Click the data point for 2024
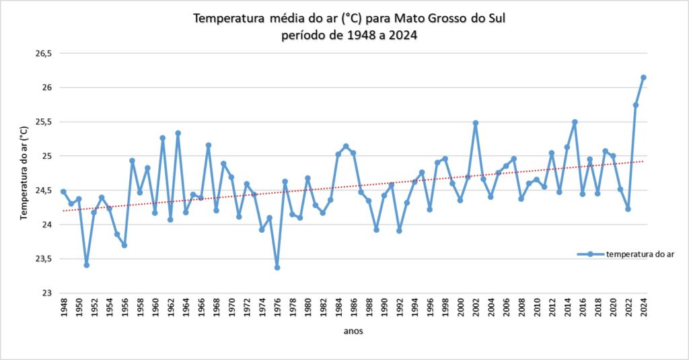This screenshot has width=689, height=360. point(643,77)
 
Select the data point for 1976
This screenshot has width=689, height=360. point(277,267)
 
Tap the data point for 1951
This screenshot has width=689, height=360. point(86,264)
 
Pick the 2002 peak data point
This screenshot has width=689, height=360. point(476,123)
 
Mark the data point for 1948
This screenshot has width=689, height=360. point(63,192)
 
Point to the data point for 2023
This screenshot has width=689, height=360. point(636,105)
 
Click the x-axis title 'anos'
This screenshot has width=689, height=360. point(353,330)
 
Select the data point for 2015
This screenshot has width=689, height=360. point(575,122)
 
